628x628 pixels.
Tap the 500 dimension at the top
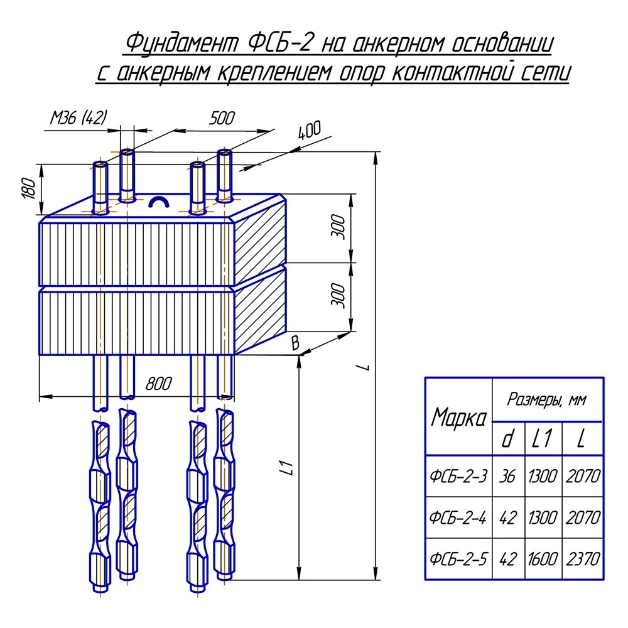point(220,118)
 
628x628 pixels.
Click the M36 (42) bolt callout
point(79,117)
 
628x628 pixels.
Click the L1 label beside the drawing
point(286,467)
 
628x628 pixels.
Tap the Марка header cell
point(459,418)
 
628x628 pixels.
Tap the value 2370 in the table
point(582,558)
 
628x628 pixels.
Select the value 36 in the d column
point(507,477)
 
